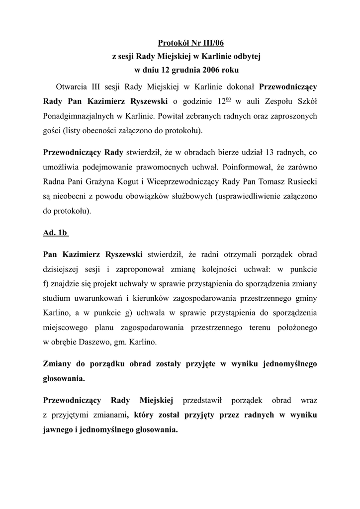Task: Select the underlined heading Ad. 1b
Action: tap(55, 232)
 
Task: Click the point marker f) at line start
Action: tap(47, 284)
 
